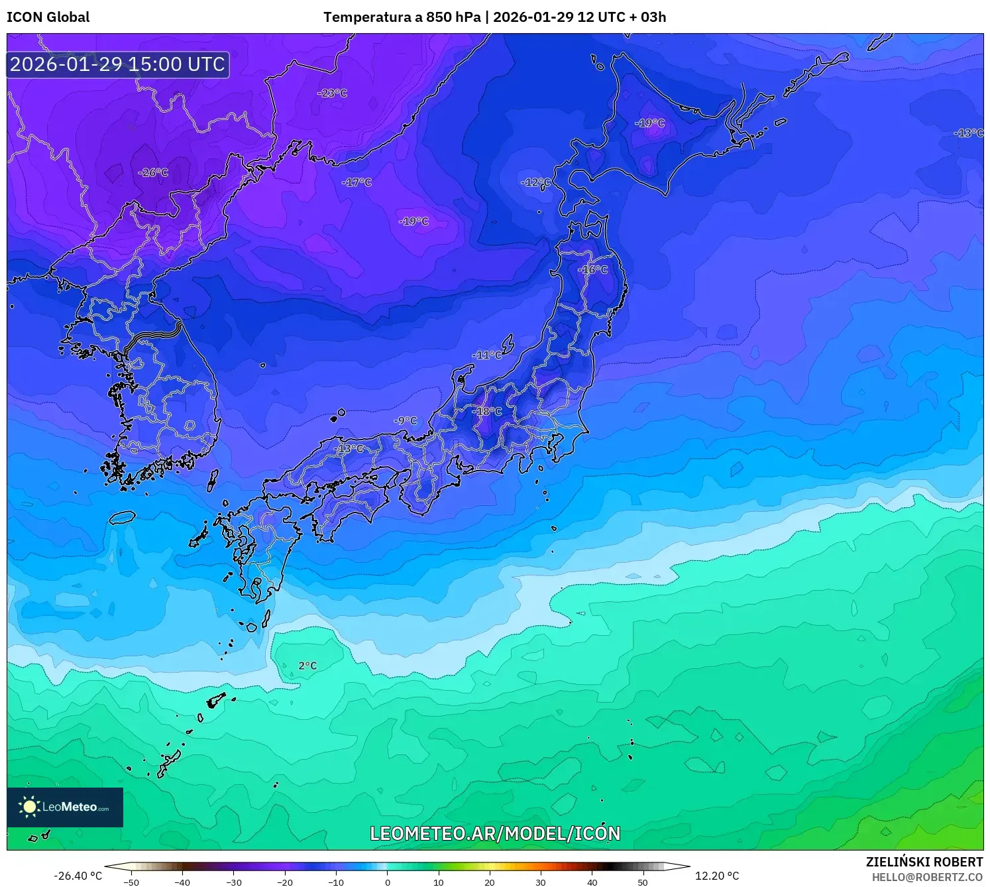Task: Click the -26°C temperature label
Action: click(153, 173)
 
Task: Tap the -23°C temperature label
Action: click(332, 93)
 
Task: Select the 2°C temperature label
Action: click(307, 666)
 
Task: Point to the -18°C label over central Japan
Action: click(487, 412)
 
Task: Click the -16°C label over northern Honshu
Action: click(592, 270)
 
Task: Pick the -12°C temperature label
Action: click(535, 182)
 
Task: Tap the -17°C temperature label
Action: click(357, 182)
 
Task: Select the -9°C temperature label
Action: click(405, 421)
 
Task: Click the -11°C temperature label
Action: click(487, 355)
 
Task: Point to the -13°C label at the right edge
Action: click(968, 133)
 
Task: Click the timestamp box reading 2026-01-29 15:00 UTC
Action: click(118, 64)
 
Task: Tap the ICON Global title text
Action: click(48, 17)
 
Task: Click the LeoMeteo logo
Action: click(65, 807)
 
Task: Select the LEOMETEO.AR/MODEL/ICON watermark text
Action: click(495, 833)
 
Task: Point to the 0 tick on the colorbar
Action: click(388, 882)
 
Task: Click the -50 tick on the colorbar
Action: click(131, 882)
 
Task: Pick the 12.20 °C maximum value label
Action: click(716, 876)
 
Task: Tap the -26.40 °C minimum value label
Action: click(78, 876)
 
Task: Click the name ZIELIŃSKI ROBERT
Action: click(924, 862)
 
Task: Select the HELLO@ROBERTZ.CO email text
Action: click(927, 877)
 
